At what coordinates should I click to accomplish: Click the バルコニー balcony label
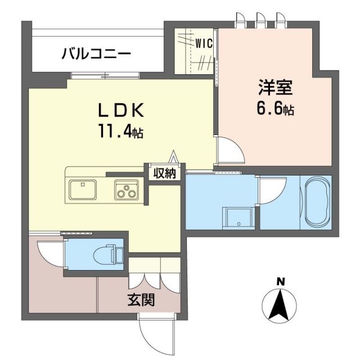point(96,55)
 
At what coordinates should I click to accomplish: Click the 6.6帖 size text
point(274,110)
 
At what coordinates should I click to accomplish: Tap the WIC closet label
point(202,42)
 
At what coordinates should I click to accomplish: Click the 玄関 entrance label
point(141,300)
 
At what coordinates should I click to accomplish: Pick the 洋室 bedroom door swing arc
point(231,150)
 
